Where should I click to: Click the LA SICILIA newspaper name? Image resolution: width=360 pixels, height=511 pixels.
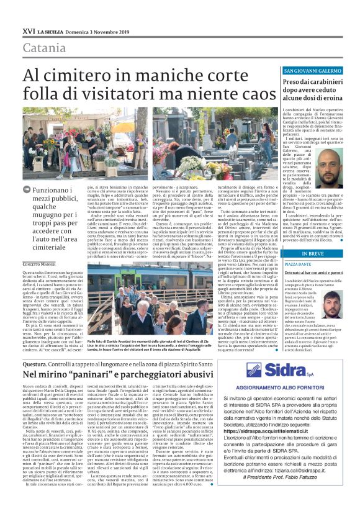coord(52,31)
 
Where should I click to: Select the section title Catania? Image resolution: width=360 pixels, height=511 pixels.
coord(43,48)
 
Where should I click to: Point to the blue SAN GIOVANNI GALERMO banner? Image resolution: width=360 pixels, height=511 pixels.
coord(312,71)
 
